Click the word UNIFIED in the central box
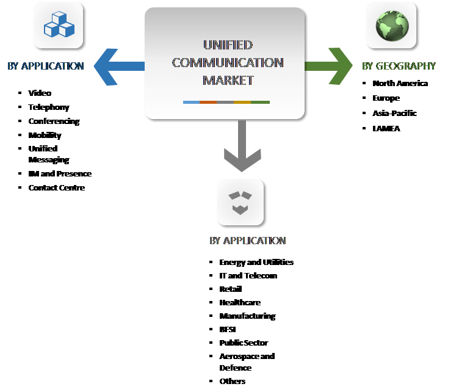pyautogui.click(x=228, y=45)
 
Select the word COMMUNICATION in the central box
pyautogui.click(x=228, y=63)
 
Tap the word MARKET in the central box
pyautogui.click(x=228, y=80)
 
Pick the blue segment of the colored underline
pyautogui.click(x=191, y=102)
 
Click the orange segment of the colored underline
pyautogui.click(x=208, y=102)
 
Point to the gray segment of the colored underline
pyautogui.click(x=225, y=102)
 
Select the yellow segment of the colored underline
pyautogui.click(x=242, y=102)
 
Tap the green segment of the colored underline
pyautogui.click(x=260, y=102)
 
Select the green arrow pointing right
pyautogui.click(x=330, y=65)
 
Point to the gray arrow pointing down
pyautogui.click(x=242, y=147)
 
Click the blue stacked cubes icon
pyautogui.click(x=59, y=25)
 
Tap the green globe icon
pyautogui.click(x=391, y=25)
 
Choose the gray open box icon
pyautogui.click(x=240, y=202)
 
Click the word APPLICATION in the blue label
pyautogui.click(x=52, y=66)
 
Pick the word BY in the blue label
pyautogui.click(x=13, y=66)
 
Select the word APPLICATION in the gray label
pyautogui.click(x=255, y=241)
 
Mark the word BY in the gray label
pyautogui.click(x=215, y=241)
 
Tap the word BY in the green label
pyautogui.click(x=367, y=66)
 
